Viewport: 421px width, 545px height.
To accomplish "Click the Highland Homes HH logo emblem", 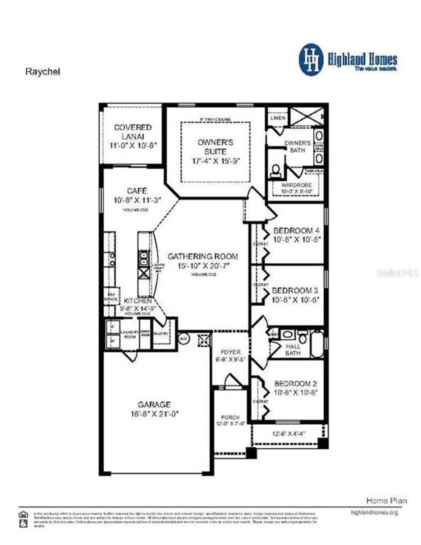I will (x=311, y=60).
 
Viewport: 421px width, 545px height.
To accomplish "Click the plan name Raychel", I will (x=43, y=72).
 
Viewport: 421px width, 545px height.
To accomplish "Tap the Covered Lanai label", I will (x=133, y=132).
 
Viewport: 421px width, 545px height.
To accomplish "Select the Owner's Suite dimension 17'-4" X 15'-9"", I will (x=216, y=161).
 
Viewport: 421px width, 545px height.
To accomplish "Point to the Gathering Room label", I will (x=203, y=256).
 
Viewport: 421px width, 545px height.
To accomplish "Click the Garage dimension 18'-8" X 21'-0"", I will (x=154, y=414).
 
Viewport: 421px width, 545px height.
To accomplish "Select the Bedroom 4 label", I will (x=296, y=230).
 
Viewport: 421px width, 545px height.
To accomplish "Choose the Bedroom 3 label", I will (x=295, y=291).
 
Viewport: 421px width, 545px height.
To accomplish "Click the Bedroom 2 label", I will (x=295, y=384).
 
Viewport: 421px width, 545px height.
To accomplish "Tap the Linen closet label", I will (x=278, y=118).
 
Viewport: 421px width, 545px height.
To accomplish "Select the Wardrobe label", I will (x=296, y=185).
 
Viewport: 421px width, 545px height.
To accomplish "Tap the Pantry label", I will (x=161, y=334).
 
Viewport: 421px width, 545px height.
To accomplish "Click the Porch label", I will (x=230, y=417).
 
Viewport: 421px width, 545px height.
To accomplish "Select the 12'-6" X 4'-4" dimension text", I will (x=288, y=434).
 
